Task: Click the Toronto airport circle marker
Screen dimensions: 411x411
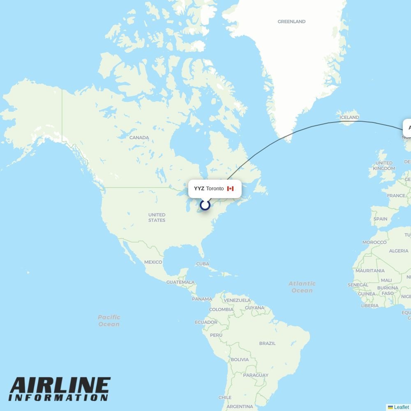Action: tap(205, 205)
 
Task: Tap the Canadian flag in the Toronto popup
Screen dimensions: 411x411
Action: tap(230, 189)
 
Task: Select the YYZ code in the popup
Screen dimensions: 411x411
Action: tap(199, 189)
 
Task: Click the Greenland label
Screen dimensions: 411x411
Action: tap(291, 21)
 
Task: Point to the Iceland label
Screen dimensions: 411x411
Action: tap(349, 118)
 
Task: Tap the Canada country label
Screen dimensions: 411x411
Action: tap(139, 138)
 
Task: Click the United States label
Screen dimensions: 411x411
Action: tap(157, 217)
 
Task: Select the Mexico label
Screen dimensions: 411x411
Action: tap(153, 262)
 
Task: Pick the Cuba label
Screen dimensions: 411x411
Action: tap(203, 264)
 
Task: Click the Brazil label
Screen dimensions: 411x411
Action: tap(267, 343)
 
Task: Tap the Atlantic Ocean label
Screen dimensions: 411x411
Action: tap(302, 287)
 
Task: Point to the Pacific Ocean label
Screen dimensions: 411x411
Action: tap(109, 321)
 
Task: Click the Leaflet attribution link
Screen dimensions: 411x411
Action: tap(401, 407)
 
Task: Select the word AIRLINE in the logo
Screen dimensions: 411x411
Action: tap(60, 386)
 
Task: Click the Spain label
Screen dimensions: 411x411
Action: tap(380, 219)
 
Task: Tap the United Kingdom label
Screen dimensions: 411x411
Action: tap(384, 166)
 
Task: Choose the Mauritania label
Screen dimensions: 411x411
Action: tap(370, 271)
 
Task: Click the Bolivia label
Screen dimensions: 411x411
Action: tap(240, 360)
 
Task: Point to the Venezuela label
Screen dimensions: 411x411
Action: tap(237, 300)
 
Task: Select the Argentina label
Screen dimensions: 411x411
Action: tap(240, 406)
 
